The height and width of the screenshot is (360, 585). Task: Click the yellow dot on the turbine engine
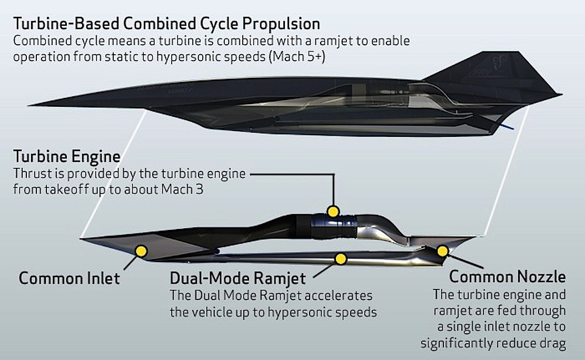pyautogui.click(x=332, y=212)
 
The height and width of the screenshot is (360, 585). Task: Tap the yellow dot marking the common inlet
pyautogui.click(x=141, y=251)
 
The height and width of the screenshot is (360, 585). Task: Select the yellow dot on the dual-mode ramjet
pyautogui.click(x=341, y=258)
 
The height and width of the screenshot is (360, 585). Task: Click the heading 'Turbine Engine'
pyautogui.click(x=67, y=157)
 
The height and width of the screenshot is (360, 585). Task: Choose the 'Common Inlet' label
pyautogui.click(x=69, y=278)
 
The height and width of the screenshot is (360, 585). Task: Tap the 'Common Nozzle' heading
pyautogui.click(x=507, y=277)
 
